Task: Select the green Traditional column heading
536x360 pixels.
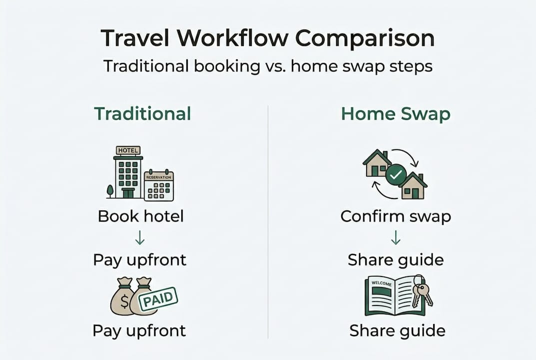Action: (x=143, y=113)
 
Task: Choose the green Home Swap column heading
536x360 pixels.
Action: (x=396, y=113)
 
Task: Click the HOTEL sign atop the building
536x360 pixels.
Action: (x=128, y=150)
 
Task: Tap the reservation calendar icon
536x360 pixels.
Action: (x=159, y=185)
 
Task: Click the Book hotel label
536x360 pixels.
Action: (x=141, y=216)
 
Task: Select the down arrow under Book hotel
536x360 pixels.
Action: (x=140, y=238)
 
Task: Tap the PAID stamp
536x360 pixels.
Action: (x=157, y=300)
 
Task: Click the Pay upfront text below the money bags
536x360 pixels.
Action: (x=139, y=330)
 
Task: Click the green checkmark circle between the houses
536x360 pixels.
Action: (x=396, y=175)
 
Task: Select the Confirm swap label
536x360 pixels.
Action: (x=396, y=216)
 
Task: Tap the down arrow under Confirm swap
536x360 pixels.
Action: (x=396, y=238)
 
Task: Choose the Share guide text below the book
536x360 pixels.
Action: (x=397, y=330)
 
